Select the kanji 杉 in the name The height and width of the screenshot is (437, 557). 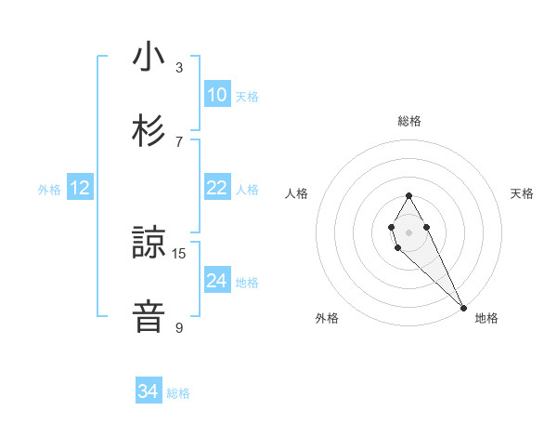click(x=148, y=130)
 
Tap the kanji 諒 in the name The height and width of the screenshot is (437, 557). click(x=148, y=244)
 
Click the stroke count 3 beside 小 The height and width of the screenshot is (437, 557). click(x=179, y=67)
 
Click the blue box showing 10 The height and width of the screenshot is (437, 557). click(x=216, y=95)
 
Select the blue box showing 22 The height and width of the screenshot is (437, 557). click(x=216, y=188)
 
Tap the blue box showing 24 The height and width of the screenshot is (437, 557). click(x=216, y=281)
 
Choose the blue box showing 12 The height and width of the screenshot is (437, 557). click(x=79, y=189)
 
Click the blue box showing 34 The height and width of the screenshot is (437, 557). click(x=148, y=391)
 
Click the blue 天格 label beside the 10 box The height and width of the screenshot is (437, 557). click(x=247, y=97)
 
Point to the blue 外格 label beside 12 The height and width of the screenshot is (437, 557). click(x=49, y=190)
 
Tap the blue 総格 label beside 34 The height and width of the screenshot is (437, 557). click(x=178, y=393)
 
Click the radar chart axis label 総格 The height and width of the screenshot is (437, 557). click(x=409, y=121)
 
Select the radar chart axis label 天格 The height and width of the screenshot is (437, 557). click(x=523, y=193)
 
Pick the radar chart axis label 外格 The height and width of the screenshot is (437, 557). click(x=327, y=318)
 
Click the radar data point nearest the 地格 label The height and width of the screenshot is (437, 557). click(x=463, y=307)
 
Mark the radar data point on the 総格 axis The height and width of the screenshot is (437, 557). click(x=408, y=195)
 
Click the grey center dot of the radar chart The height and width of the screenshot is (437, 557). click(x=408, y=232)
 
